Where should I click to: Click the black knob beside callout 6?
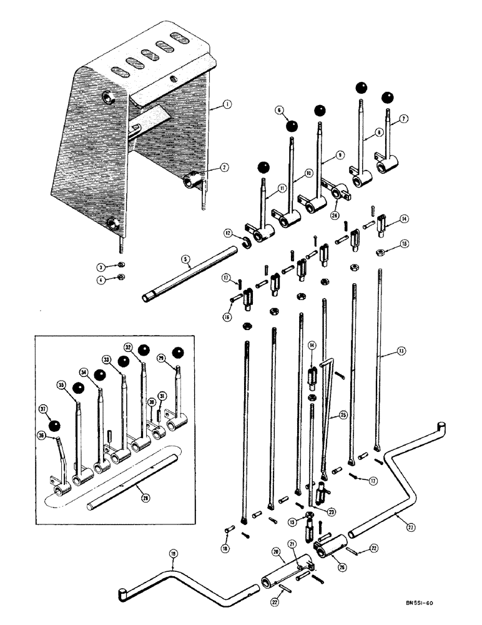(292, 126)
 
